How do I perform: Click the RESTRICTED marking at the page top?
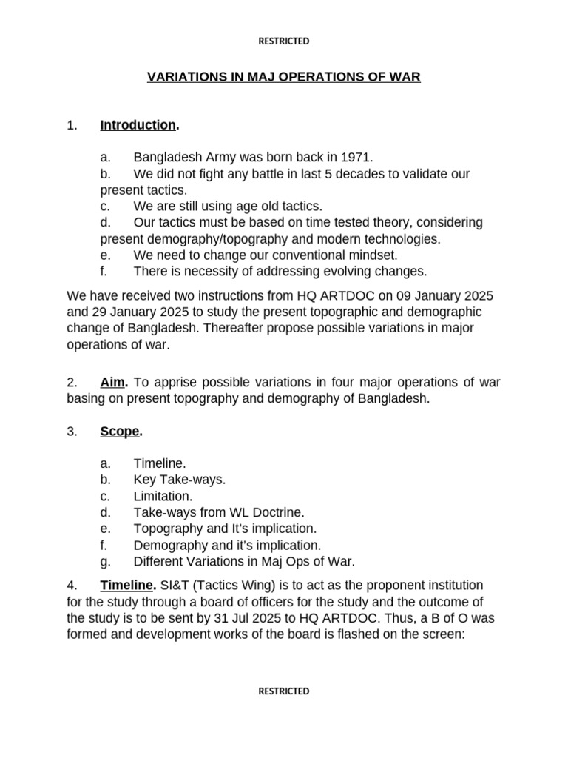tap(283, 41)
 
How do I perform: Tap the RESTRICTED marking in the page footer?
tap(283, 691)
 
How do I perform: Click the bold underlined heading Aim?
tap(114, 383)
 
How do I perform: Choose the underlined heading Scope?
tap(120, 432)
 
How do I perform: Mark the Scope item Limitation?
tap(163, 496)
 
